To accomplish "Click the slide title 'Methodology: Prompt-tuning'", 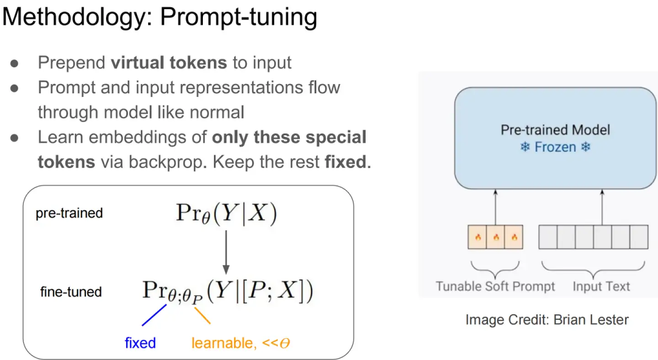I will tap(160, 18).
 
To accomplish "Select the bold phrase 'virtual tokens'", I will tap(169, 62).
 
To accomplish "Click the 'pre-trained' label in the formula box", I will tap(69, 213).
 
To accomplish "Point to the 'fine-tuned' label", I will tap(71, 292).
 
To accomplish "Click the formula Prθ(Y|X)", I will tap(226, 213).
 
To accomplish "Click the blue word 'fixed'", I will tap(140, 343).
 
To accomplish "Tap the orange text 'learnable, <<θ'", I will tap(241, 343).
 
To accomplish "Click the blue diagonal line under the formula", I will tap(154, 315).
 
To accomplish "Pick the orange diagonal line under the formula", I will tap(202, 315).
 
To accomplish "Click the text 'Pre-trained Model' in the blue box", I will tap(555, 129).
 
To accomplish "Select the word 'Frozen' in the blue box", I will tap(555, 147).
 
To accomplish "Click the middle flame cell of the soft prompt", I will tap(496, 237).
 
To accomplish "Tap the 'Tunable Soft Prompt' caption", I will tap(495, 286).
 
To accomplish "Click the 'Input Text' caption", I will tap(601, 286).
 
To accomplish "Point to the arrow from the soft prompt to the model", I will tap(495, 206).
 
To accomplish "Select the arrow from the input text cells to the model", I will tap(602, 206).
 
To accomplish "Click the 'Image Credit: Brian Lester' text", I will tap(547, 319).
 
